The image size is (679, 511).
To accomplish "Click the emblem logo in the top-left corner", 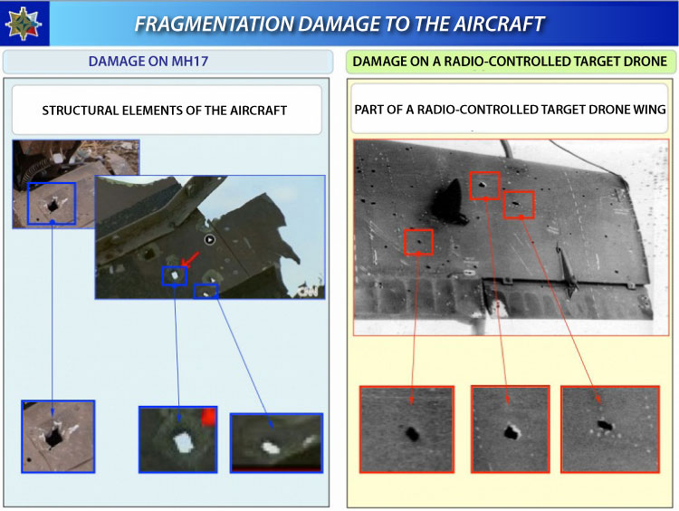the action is pyautogui.click(x=23, y=24).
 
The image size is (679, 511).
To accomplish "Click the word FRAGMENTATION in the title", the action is pyautogui.click(x=215, y=24).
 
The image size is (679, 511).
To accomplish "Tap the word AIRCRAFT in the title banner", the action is pyautogui.click(x=499, y=24).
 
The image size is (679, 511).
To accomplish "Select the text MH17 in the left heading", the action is pyautogui.click(x=190, y=61).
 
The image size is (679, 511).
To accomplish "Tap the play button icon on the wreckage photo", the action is pyautogui.click(x=210, y=239).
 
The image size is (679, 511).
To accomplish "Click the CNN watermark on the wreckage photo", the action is pyautogui.click(x=310, y=292).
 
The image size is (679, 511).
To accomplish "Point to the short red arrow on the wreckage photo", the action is pyautogui.click(x=190, y=259).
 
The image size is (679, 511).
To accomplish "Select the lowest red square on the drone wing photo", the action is pyautogui.click(x=418, y=242).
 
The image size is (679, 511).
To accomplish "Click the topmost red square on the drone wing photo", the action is pyautogui.click(x=484, y=186).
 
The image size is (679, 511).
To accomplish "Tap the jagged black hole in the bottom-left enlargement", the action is pyautogui.click(x=54, y=437).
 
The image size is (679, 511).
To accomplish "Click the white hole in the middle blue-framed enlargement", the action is pyautogui.click(x=183, y=442).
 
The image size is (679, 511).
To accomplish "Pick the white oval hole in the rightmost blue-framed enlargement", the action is pyautogui.click(x=271, y=448).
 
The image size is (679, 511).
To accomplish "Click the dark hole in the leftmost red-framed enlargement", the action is pyautogui.click(x=412, y=433).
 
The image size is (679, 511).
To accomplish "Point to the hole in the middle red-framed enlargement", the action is pyautogui.click(x=512, y=432).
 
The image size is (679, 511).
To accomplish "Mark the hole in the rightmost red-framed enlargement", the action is pyautogui.click(x=605, y=425).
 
